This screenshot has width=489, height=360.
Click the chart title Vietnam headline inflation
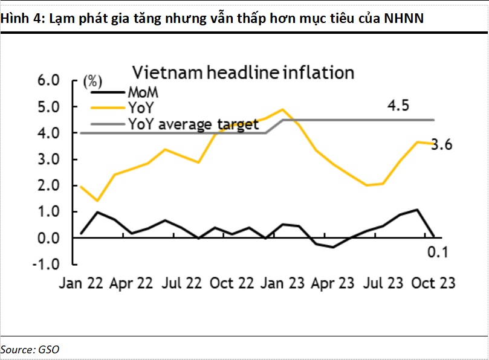click(x=243, y=73)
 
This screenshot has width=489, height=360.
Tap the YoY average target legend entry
click(x=193, y=125)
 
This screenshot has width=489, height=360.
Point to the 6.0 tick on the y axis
click(x=48, y=81)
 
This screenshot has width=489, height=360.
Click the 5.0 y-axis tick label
click(x=48, y=107)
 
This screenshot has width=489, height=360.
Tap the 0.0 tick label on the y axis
click(x=48, y=238)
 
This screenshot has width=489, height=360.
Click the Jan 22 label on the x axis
click(x=82, y=283)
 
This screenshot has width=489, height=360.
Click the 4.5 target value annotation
click(x=398, y=106)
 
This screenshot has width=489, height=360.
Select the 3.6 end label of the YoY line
click(x=441, y=145)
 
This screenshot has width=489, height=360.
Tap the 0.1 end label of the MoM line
click(x=437, y=252)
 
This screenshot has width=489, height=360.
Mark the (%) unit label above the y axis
click(x=92, y=81)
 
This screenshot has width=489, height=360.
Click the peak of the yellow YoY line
click(x=282, y=109)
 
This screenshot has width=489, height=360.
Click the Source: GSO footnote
click(x=30, y=349)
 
